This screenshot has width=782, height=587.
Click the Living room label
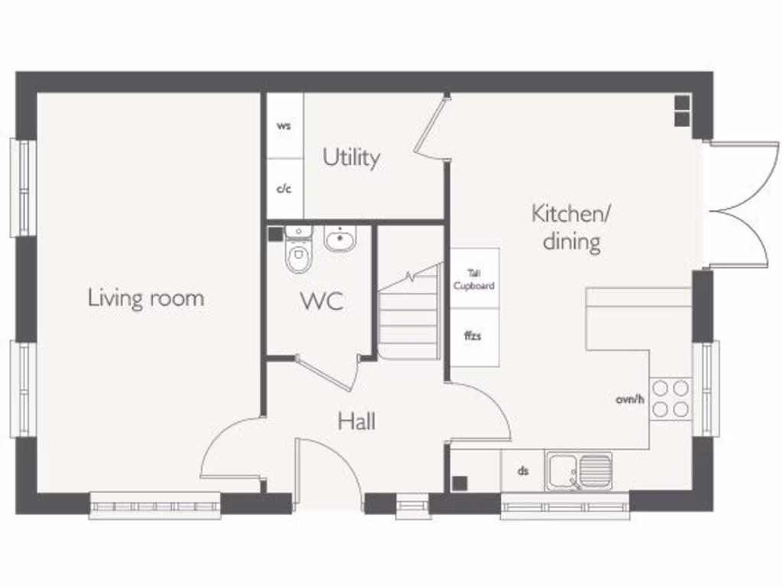(146, 297)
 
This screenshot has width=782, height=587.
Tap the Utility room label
(351, 157)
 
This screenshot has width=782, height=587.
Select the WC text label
(322, 301)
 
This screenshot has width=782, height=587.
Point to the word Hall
(357, 421)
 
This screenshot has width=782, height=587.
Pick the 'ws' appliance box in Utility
(284, 126)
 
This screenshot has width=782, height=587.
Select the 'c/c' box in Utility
(284, 189)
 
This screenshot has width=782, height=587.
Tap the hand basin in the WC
(338, 239)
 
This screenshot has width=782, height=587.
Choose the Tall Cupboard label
(474, 279)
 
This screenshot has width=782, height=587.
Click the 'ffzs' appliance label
(473, 335)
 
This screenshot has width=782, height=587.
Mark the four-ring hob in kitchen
(671, 398)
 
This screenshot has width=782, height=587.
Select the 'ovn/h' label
(631, 399)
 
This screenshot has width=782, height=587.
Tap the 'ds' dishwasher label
(523, 471)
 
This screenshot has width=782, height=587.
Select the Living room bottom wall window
(155, 505)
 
